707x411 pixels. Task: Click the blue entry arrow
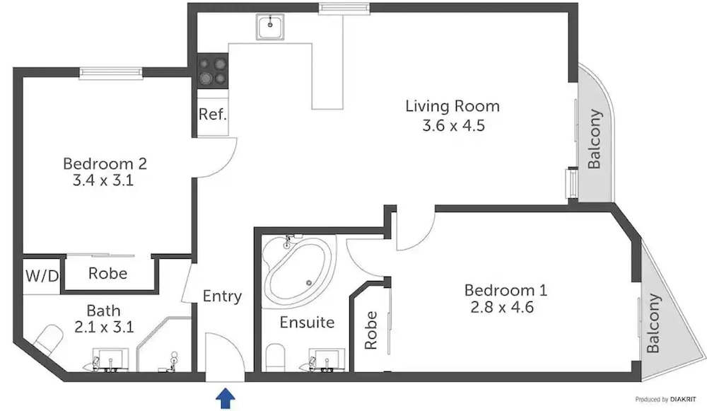[226, 399]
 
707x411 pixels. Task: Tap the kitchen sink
[270, 26]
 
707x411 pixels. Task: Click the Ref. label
[212, 114]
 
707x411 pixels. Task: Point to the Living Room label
[452, 106]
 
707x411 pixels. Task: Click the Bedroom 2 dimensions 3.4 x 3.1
[103, 180]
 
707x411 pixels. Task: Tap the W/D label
[42, 276]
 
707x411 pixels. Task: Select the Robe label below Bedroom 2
[107, 273]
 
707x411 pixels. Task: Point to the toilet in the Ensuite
[275, 357]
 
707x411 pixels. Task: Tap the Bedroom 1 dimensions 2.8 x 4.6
[502, 307]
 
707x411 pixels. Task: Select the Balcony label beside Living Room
[595, 139]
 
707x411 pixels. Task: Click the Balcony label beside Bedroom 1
[653, 323]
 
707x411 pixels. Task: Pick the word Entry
[222, 296]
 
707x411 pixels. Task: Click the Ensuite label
[307, 322]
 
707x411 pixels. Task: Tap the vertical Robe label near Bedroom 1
[370, 330]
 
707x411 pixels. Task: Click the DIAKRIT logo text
[683, 399]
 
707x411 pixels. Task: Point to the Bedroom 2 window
[111, 74]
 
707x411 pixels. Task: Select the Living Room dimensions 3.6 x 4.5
[454, 125]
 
